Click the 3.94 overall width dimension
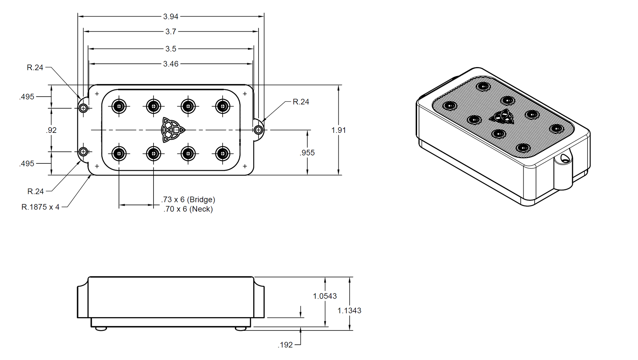coord(171,16)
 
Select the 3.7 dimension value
coord(171,32)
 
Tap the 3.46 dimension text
coord(171,64)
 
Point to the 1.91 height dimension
coord(339,130)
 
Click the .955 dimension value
coord(307,153)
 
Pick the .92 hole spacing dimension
coord(51,130)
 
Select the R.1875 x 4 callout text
coord(41,207)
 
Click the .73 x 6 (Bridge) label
coord(188,200)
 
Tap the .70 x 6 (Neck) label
coord(188,209)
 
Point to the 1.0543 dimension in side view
coord(325,296)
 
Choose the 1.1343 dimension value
coord(349,311)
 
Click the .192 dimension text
coord(285,345)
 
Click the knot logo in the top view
coord(172,130)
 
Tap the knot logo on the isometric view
coord(502,117)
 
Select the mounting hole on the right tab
coord(258,130)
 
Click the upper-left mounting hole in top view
coord(83,108)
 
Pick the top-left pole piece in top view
coord(119,107)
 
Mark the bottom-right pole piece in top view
coord(223,154)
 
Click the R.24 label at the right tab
coord(301,102)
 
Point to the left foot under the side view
coord(101,329)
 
